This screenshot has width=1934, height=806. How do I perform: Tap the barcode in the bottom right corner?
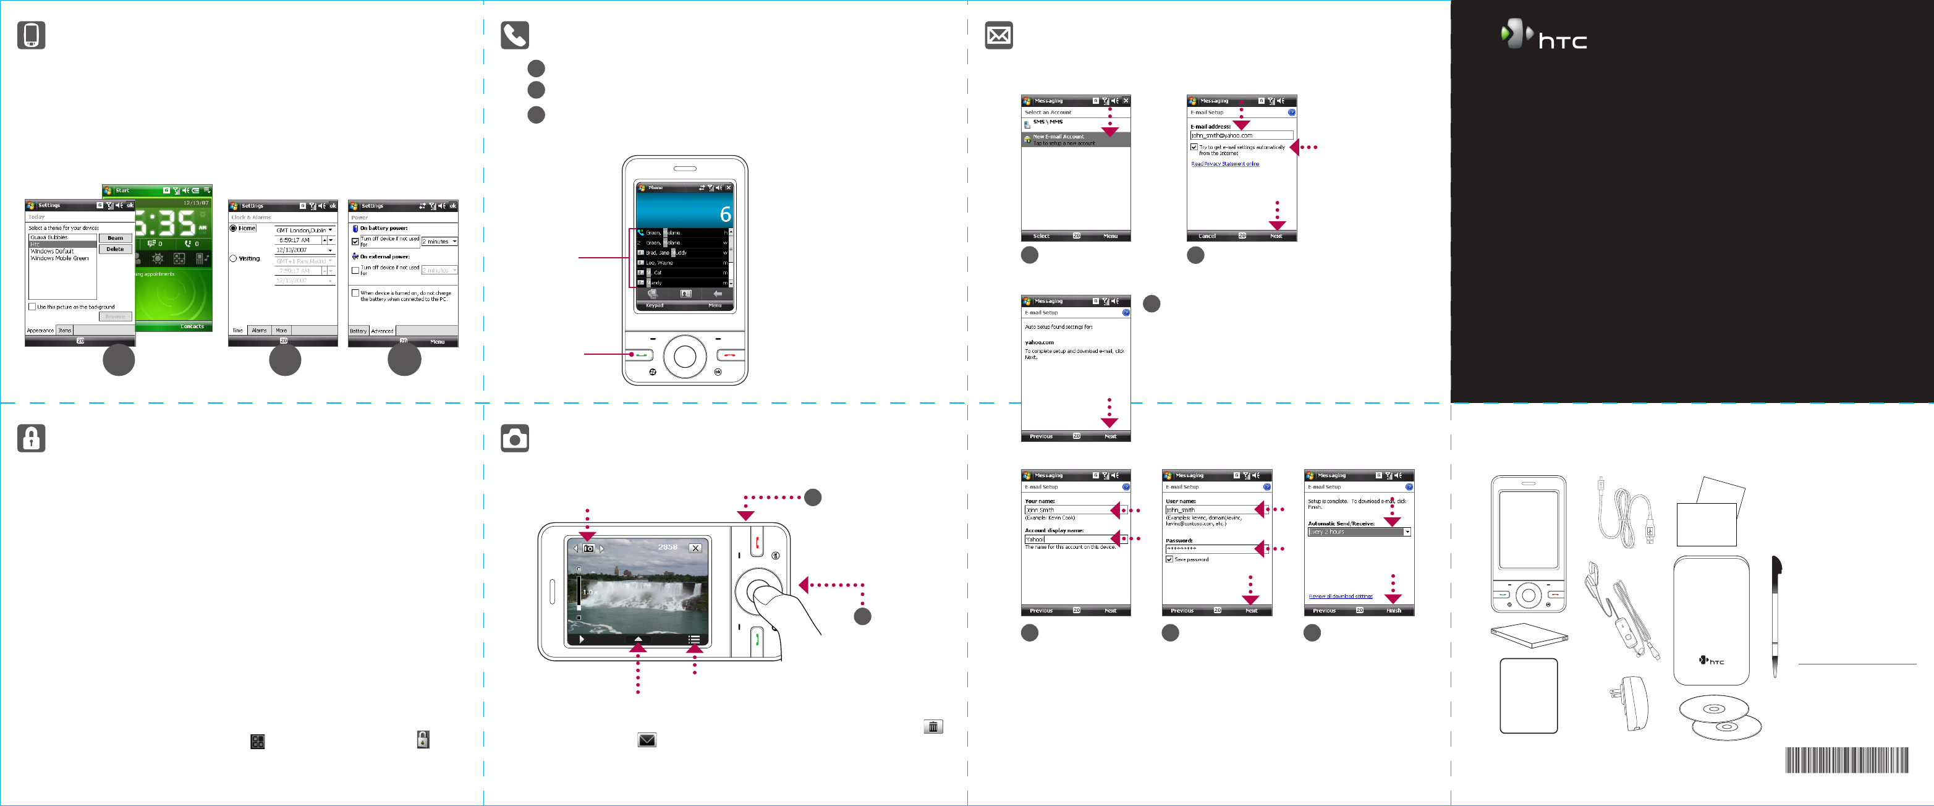(x=1846, y=760)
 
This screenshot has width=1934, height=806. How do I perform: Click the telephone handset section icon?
(x=515, y=35)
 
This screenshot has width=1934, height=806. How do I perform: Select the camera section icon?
(x=515, y=438)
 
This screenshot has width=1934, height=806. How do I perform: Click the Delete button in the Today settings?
(x=115, y=249)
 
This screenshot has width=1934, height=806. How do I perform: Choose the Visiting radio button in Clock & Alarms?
(x=234, y=258)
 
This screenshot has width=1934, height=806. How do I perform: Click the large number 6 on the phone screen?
(x=725, y=214)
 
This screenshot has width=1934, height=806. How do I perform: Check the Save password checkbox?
(x=1169, y=559)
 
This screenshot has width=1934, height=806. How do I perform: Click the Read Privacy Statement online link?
(x=1224, y=164)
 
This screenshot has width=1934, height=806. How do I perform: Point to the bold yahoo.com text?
(x=1039, y=342)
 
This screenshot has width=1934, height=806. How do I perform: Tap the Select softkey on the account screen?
(x=1041, y=236)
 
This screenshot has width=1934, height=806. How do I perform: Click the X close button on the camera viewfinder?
(x=695, y=548)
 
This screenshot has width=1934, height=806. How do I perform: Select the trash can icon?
(x=933, y=726)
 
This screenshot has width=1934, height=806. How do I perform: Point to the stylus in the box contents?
(x=1776, y=616)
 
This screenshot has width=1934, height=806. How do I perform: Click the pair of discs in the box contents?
(x=1720, y=717)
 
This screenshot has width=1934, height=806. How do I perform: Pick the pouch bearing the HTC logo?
(x=1711, y=620)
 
